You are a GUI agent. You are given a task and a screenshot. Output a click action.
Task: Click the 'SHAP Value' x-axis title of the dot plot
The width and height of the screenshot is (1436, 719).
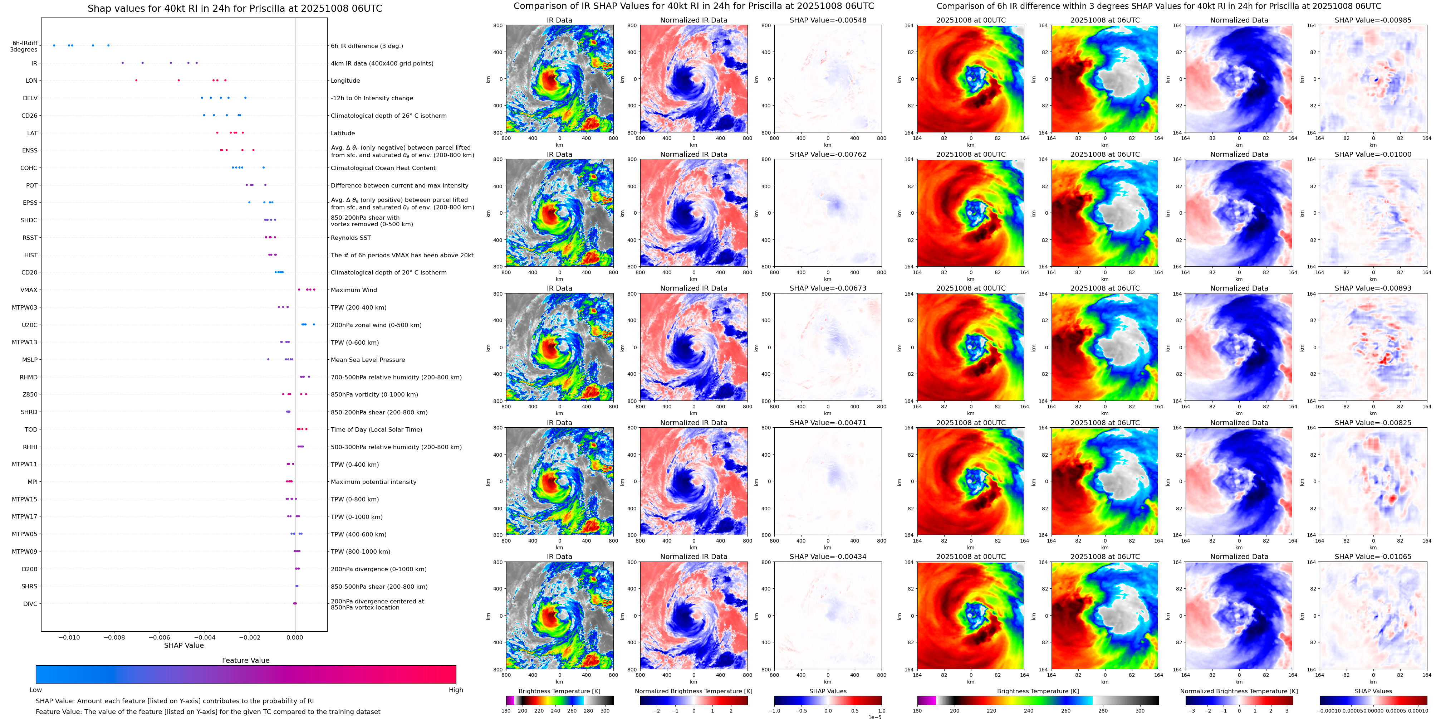click(x=183, y=645)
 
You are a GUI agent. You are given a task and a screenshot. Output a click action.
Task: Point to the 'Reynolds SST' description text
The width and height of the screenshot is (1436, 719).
click(x=350, y=238)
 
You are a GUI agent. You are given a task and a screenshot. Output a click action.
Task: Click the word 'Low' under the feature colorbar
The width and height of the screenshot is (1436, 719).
click(x=36, y=690)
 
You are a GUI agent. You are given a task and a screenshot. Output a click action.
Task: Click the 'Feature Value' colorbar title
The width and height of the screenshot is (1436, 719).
click(x=245, y=660)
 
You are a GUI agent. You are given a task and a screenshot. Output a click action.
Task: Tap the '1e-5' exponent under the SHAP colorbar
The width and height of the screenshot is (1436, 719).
click(x=874, y=717)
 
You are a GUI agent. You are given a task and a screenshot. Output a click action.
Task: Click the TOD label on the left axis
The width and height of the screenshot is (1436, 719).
click(x=31, y=429)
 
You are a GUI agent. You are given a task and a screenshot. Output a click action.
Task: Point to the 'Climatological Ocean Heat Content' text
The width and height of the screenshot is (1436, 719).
click(x=383, y=168)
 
